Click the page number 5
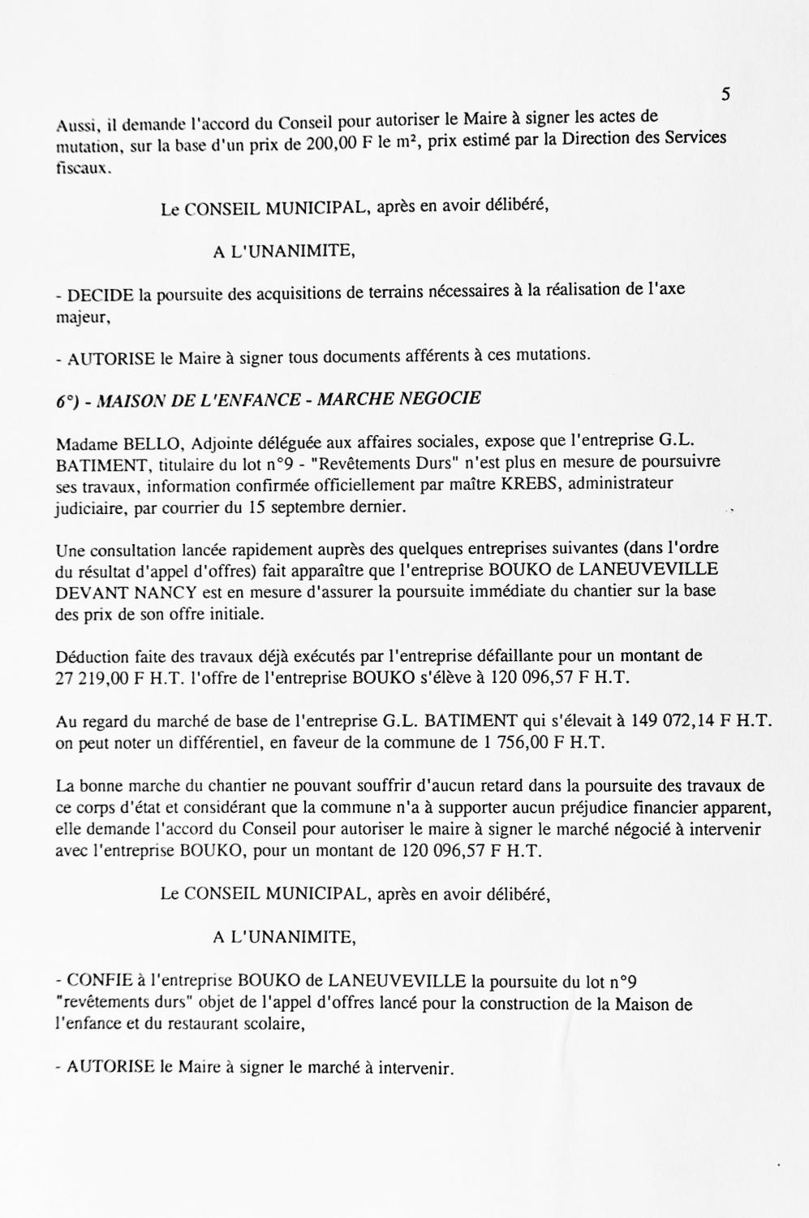(725, 95)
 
